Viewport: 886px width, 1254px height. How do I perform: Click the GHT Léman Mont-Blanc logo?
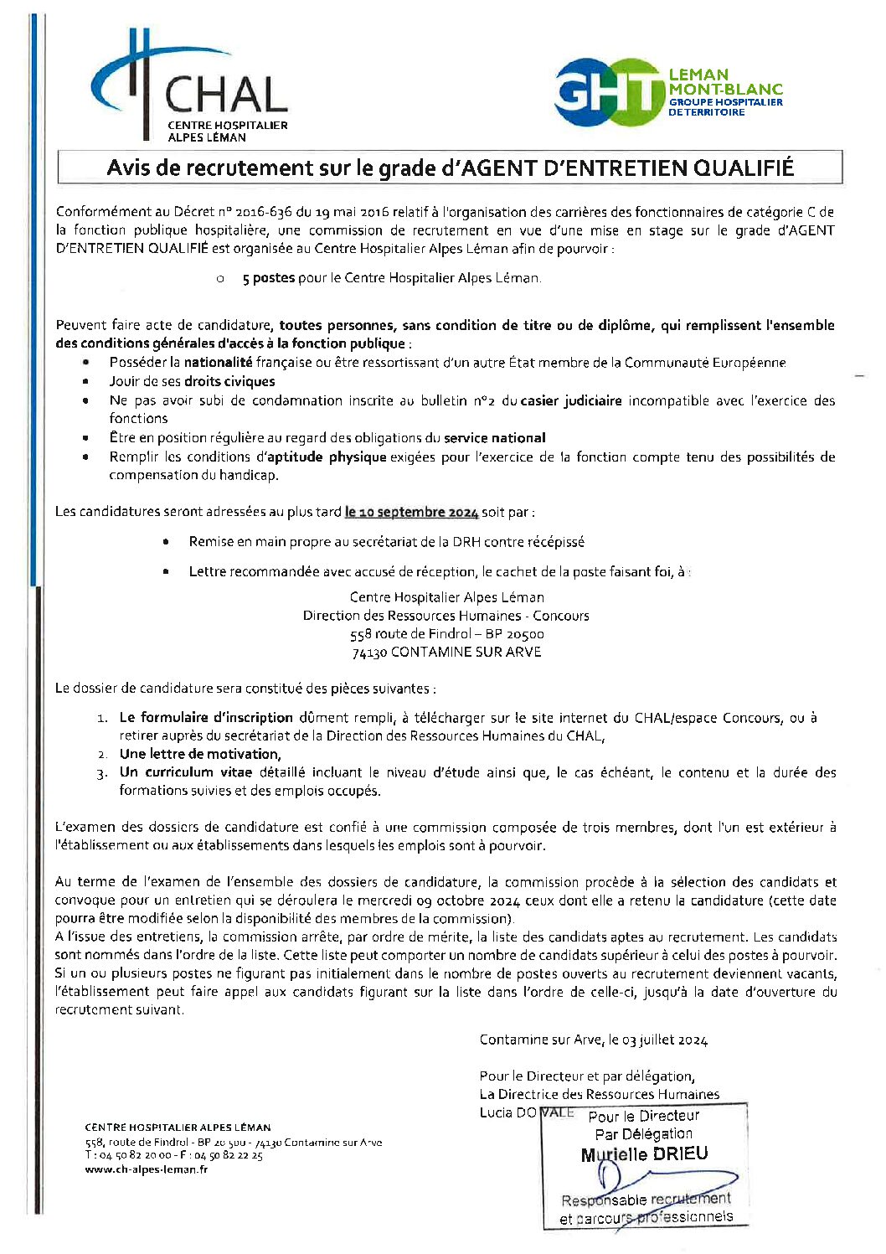click(667, 92)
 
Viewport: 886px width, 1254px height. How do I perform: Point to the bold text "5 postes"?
click(268, 278)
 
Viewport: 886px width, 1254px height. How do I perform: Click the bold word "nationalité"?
click(218, 363)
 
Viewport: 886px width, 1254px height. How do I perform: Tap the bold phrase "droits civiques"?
click(229, 381)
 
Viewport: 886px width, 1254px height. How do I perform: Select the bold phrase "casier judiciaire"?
click(571, 400)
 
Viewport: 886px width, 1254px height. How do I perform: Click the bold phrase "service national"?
click(494, 437)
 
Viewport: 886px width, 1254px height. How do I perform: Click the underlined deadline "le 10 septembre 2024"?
click(411, 512)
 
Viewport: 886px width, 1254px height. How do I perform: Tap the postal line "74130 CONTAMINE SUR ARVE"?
click(446, 652)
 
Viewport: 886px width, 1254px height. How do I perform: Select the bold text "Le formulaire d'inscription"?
click(206, 718)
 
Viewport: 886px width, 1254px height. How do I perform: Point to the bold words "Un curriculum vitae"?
click(185, 772)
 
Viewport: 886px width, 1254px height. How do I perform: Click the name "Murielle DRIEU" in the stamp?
click(644, 1154)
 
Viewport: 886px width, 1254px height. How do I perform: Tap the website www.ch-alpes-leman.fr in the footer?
click(146, 1169)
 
